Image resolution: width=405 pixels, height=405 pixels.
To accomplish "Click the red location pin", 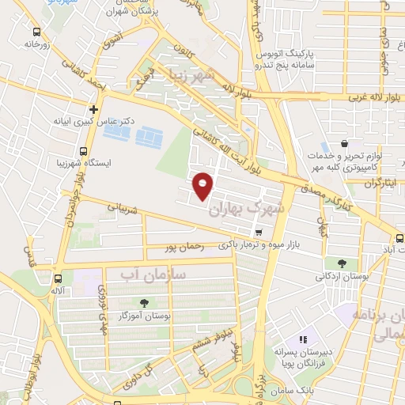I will [203, 186].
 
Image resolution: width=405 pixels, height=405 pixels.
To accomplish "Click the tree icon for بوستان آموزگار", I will [143, 302].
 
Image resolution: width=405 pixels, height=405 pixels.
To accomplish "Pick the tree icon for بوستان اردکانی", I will [342, 263].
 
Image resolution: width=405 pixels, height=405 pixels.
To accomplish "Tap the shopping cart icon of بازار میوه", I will [259, 232].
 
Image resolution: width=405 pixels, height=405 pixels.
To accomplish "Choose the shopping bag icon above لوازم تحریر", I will [345, 143].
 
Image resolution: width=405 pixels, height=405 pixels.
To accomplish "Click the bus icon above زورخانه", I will [36, 32].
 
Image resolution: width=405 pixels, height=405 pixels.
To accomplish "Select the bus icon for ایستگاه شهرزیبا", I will [83, 151].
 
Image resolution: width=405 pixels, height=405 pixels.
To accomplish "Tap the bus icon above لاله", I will [58, 278].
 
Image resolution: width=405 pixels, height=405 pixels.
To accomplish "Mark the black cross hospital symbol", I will [94, 108].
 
